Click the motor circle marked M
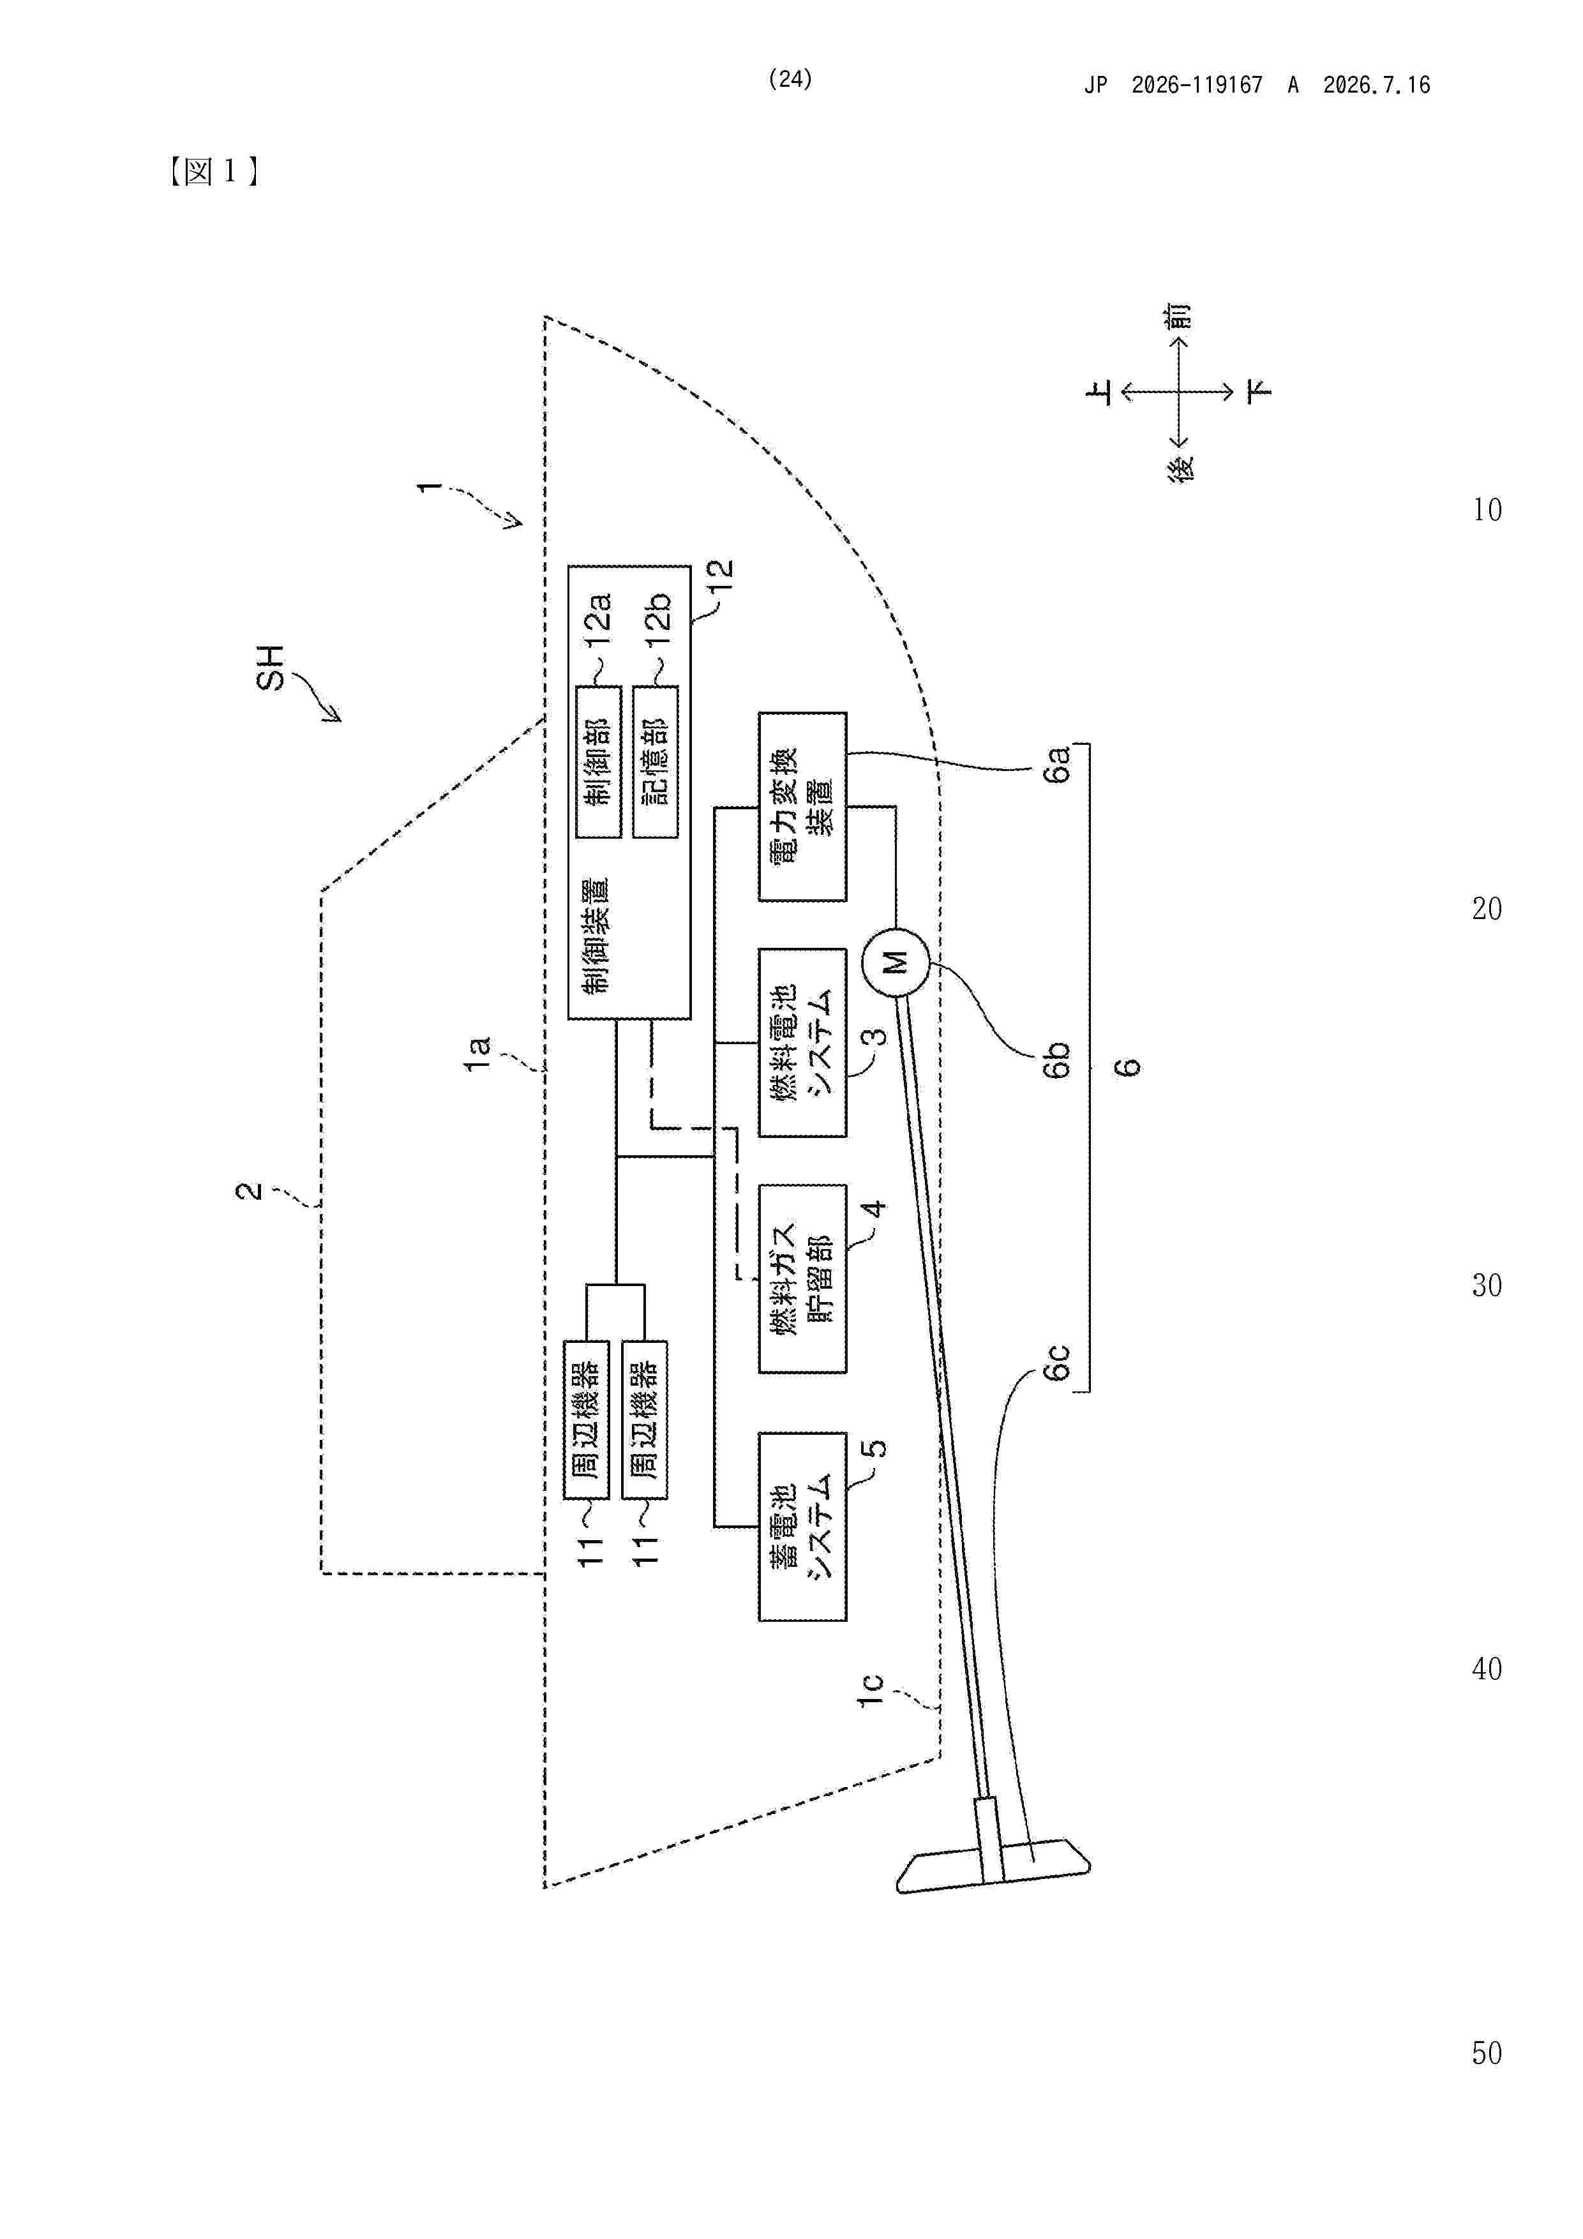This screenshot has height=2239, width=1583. [x=896, y=962]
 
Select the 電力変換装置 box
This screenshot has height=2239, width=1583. [x=802, y=807]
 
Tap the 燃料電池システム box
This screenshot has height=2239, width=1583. [x=802, y=1042]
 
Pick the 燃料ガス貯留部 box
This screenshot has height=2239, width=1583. [x=802, y=1278]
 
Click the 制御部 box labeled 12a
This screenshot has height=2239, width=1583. [x=598, y=761]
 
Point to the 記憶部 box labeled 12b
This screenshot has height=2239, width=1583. [x=654, y=761]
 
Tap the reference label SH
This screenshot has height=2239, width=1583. [x=270, y=668]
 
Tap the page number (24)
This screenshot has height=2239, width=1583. [x=790, y=79]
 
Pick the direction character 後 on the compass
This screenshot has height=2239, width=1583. [x=1181, y=469]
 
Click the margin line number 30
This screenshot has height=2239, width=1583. [x=1487, y=1285]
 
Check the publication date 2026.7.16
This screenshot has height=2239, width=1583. [x=1376, y=85]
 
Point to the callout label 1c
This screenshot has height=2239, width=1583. [x=870, y=1689]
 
